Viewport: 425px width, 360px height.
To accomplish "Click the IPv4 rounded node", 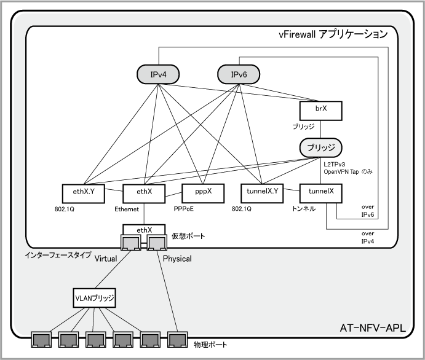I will pyautogui.click(x=158, y=75).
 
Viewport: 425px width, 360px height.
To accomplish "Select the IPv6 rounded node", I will pyautogui.click(x=239, y=75).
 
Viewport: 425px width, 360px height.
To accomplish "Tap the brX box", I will pyautogui.click(x=320, y=111).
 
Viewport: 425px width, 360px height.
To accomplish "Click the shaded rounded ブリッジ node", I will pyautogui.click(x=320, y=148).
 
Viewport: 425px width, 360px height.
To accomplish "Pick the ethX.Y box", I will pyautogui.click(x=83, y=192).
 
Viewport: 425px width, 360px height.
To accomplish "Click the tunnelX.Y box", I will pyautogui.click(x=263, y=192).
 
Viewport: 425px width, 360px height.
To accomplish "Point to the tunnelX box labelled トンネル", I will pyautogui.click(x=320, y=192).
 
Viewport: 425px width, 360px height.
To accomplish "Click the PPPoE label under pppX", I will pyautogui.click(x=185, y=209).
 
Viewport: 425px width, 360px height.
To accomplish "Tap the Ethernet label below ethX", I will pyautogui.click(x=127, y=209).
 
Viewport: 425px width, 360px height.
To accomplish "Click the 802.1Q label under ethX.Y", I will pyautogui.click(x=66, y=209).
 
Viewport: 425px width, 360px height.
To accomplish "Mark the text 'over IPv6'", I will pyautogui.click(x=368, y=211).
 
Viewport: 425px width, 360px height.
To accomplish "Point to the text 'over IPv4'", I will pyautogui.click(x=368, y=238).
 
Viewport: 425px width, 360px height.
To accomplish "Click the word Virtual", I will pyautogui.click(x=106, y=259).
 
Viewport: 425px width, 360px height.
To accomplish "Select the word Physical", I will pyautogui.click(x=177, y=259).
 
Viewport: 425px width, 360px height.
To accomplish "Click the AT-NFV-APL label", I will pyautogui.click(x=372, y=328).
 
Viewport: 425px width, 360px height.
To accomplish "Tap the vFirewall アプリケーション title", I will pyautogui.click(x=333, y=34).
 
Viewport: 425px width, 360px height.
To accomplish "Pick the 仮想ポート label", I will pyautogui.click(x=188, y=237).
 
